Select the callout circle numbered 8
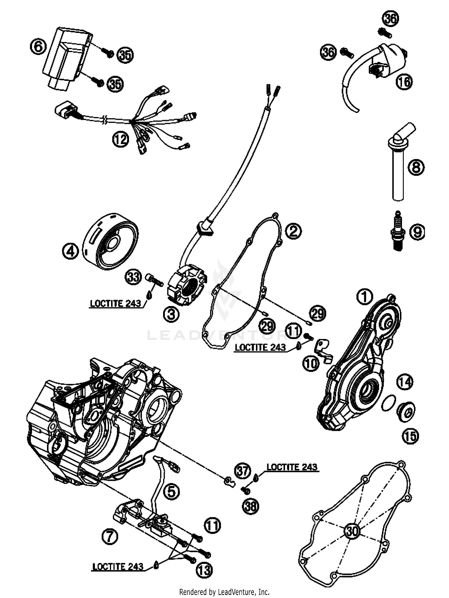coord(416,166)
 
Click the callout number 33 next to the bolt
coord(133,277)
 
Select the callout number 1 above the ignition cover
coord(364,297)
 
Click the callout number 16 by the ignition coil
coord(404,81)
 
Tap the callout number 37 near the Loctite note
coord(243,471)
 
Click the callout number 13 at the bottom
coord(204,570)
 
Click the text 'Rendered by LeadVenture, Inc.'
coord(224,592)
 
